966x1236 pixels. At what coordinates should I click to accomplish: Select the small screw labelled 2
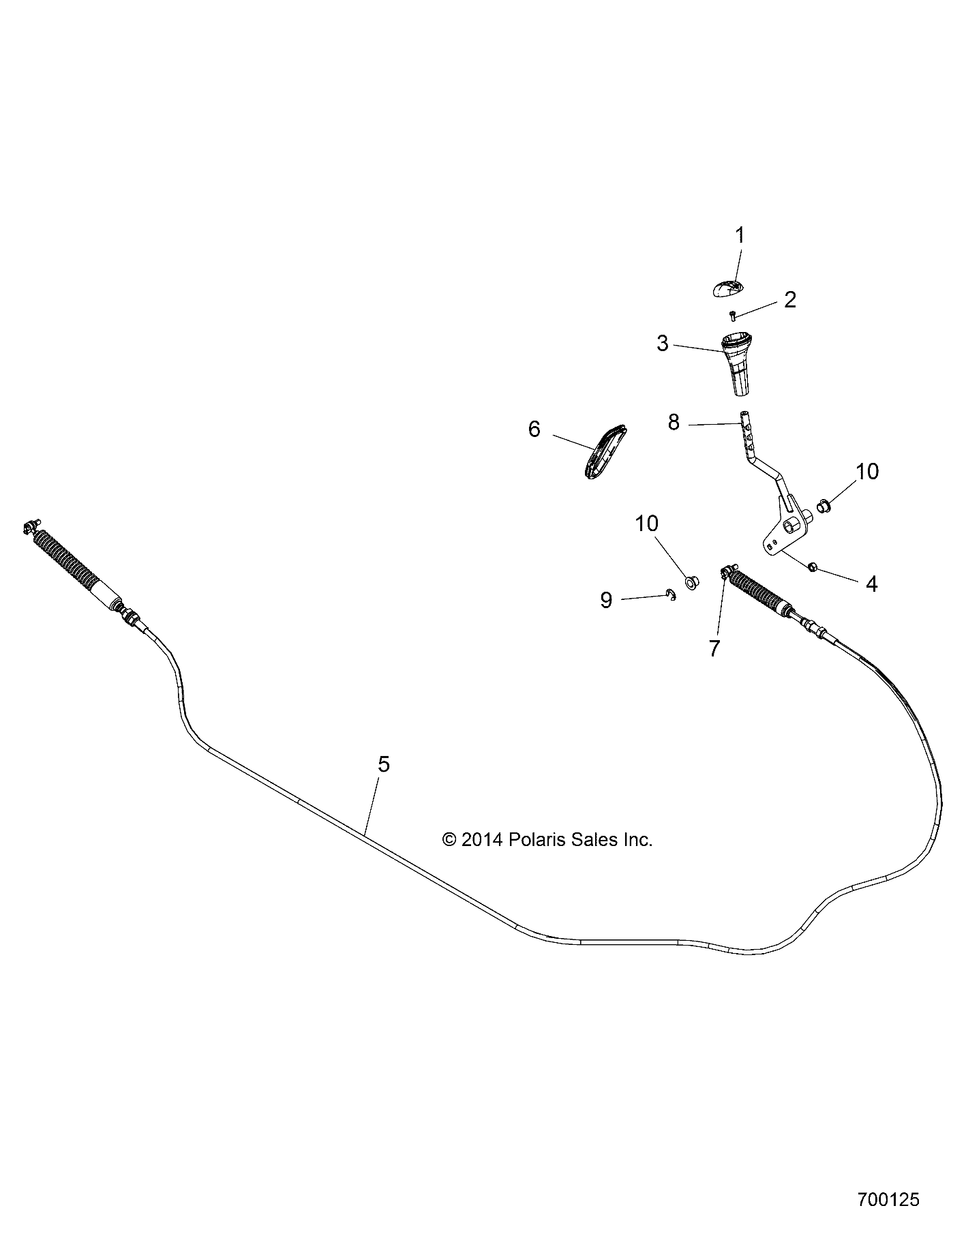click(733, 316)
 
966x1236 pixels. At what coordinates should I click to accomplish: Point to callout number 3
click(663, 344)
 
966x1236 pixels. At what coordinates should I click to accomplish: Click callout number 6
click(534, 429)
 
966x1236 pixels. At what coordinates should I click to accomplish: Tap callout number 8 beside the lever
click(674, 423)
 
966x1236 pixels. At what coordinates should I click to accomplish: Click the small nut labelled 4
click(812, 567)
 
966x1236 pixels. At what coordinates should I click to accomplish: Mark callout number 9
click(606, 600)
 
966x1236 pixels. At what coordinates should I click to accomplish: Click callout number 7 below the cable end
click(714, 648)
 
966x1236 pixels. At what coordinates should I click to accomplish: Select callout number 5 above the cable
click(384, 764)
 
